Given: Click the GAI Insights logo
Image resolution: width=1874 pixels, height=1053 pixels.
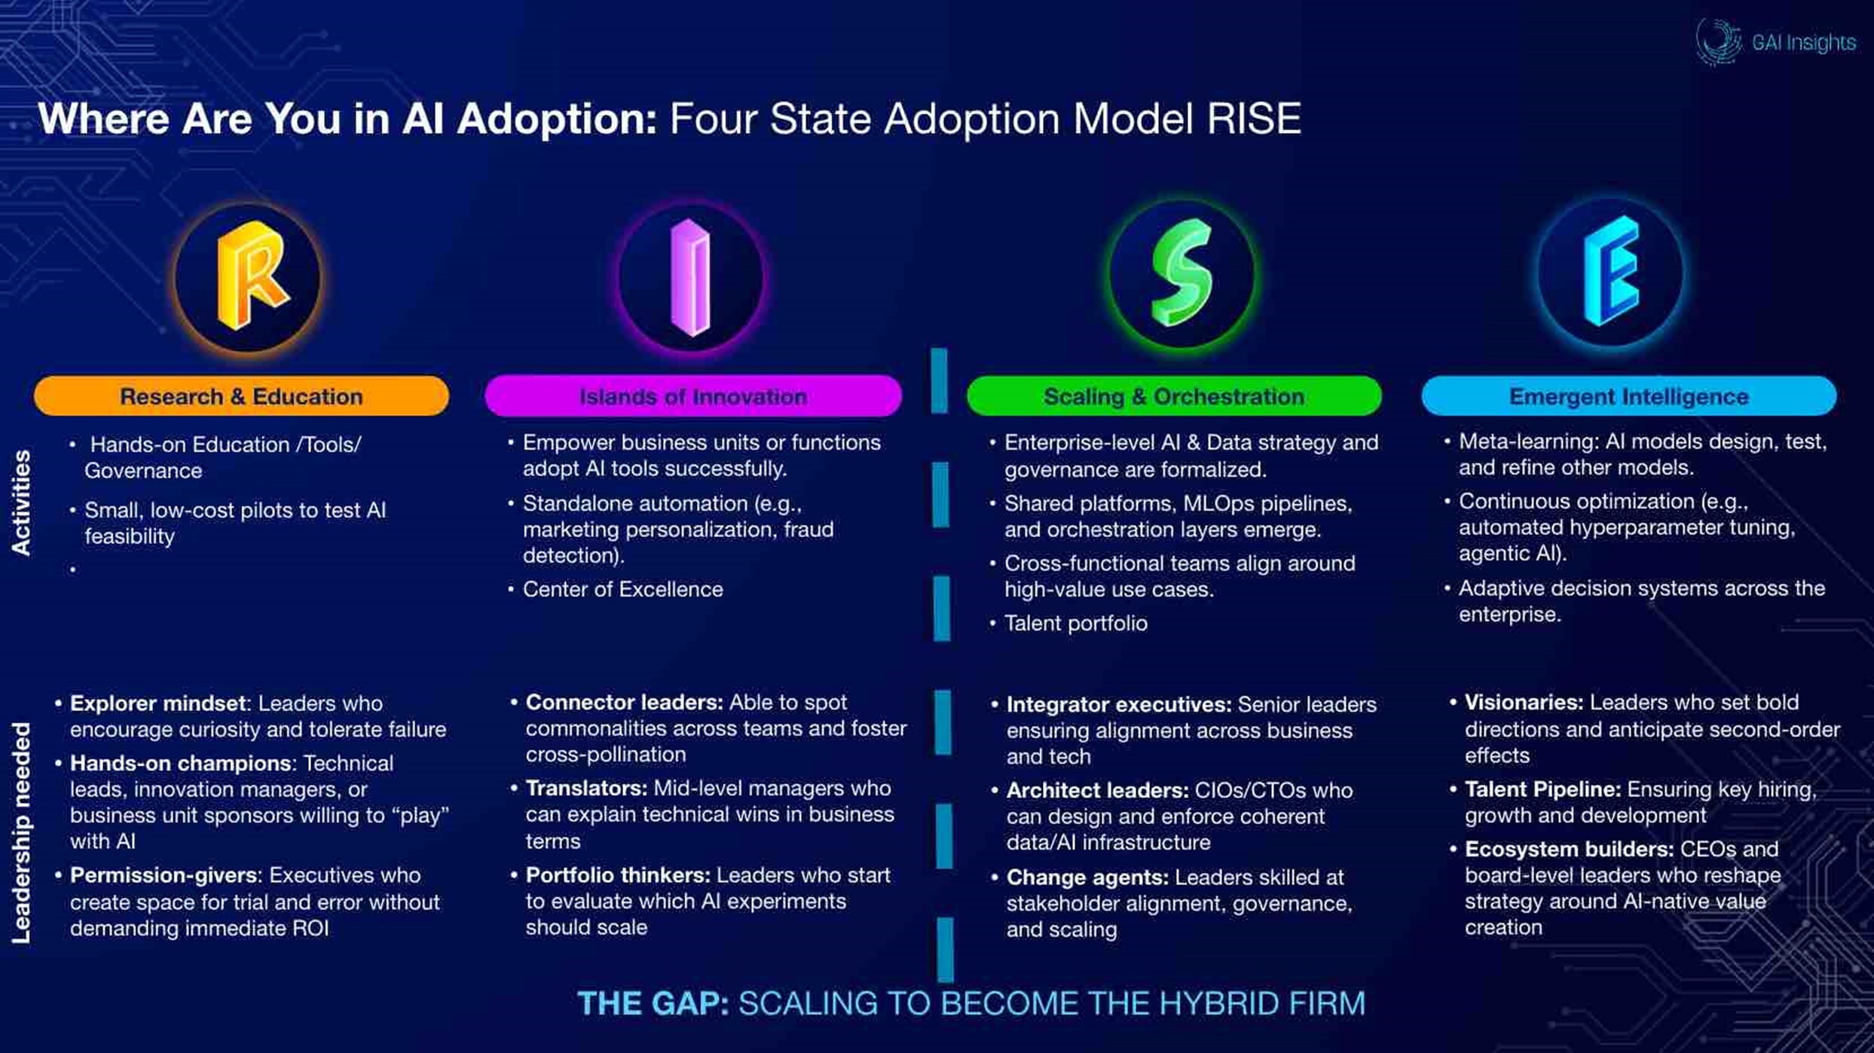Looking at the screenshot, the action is click(x=1775, y=41).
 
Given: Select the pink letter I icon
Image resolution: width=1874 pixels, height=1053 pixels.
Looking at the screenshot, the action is click(x=690, y=277).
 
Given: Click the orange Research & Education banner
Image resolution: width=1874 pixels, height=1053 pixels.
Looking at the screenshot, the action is click(x=241, y=396).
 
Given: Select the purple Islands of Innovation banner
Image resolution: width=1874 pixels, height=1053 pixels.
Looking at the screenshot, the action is click(x=693, y=396).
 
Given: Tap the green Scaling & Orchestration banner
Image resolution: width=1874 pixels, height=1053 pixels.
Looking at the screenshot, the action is click(x=1174, y=396).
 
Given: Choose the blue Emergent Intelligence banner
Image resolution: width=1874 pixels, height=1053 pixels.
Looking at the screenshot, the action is click(x=1629, y=396).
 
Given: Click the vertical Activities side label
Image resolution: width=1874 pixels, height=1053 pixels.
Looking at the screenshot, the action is click(x=21, y=502).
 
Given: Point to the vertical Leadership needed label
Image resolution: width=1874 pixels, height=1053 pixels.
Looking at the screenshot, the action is click(x=21, y=833).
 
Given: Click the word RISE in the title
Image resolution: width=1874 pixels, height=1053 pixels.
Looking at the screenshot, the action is click(x=1254, y=119).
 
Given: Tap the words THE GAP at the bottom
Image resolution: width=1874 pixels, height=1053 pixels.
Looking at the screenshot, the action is click(x=653, y=1003).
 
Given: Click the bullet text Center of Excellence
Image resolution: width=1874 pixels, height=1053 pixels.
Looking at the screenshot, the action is click(x=622, y=589).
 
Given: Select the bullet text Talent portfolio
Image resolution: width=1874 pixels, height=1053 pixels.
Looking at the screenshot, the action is click(x=1075, y=623).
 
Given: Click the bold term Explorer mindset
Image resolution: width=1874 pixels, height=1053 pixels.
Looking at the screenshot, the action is click(x=157, y=704).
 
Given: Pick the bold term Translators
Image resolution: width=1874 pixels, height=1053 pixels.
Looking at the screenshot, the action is click(x=586, y=788).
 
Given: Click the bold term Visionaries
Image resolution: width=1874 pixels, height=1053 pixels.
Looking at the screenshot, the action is click(x=1524, y=702).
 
